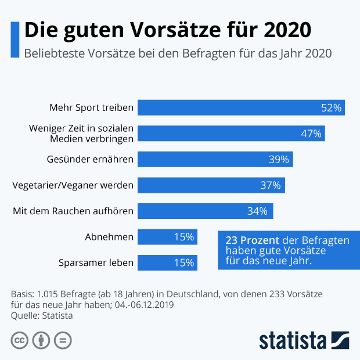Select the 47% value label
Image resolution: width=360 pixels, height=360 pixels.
[x=311, y=134]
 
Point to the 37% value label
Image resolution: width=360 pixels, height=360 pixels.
[x=270, y=185]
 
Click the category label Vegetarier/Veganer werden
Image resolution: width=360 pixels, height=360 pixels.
[x=73, y=185]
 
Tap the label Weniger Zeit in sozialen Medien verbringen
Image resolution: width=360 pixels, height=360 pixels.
[x=81, y=134]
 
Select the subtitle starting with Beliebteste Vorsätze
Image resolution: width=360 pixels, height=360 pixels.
[x=177, y=53]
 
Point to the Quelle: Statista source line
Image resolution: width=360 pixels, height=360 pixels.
[x=42, y=315]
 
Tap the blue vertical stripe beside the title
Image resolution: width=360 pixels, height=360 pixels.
[x=15, y=39]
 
